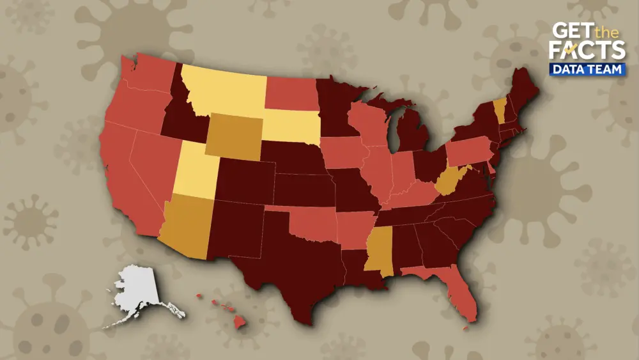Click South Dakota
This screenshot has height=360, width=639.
pos(291,125)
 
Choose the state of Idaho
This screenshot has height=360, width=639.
pos(179,115)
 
